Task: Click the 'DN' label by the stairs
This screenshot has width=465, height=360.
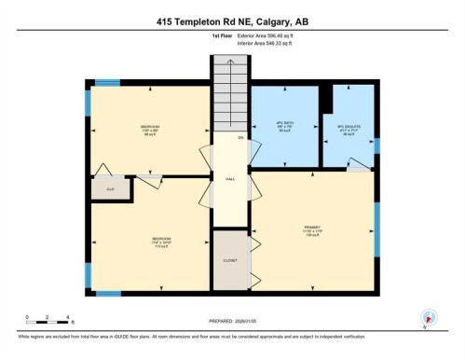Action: click(x=240, y=138)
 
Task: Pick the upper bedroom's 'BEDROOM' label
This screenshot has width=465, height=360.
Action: click(x=149, y=127)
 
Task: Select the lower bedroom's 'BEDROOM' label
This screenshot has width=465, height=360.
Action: click(x=149, y=238)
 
